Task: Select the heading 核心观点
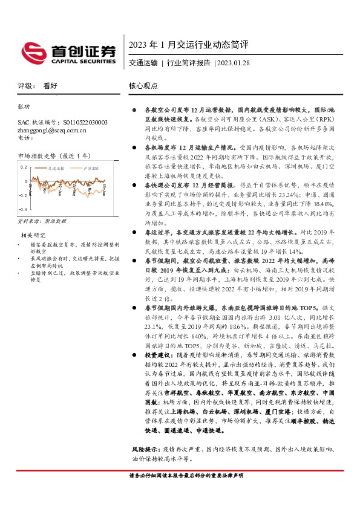point(143,86)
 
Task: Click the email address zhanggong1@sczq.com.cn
point(52,129)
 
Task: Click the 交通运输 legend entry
point(57,169)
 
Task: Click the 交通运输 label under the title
point(143,62)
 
